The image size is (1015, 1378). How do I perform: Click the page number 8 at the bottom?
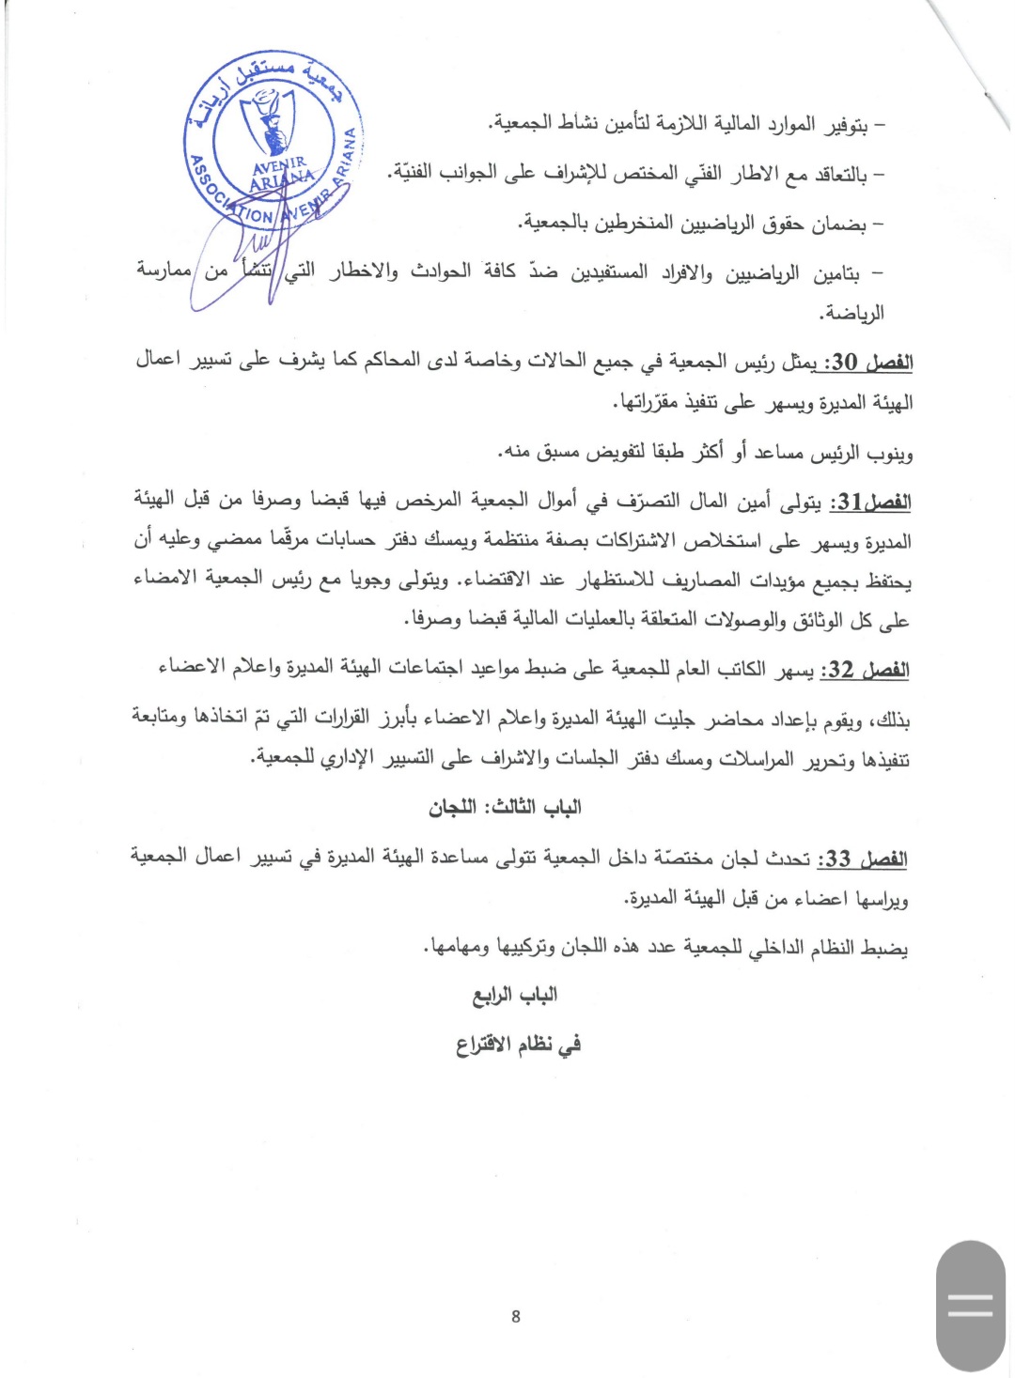[x=515, y=1316]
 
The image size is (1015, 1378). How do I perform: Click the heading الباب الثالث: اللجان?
[x=506, y=807]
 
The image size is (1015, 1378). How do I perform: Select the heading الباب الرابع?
[x=514, y=994]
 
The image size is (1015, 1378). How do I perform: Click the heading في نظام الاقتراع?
[x=518, y=1044]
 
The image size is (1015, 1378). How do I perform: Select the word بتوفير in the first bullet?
[x=846, y=125]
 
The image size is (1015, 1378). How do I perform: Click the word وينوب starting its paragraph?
[x=888, y=454]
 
